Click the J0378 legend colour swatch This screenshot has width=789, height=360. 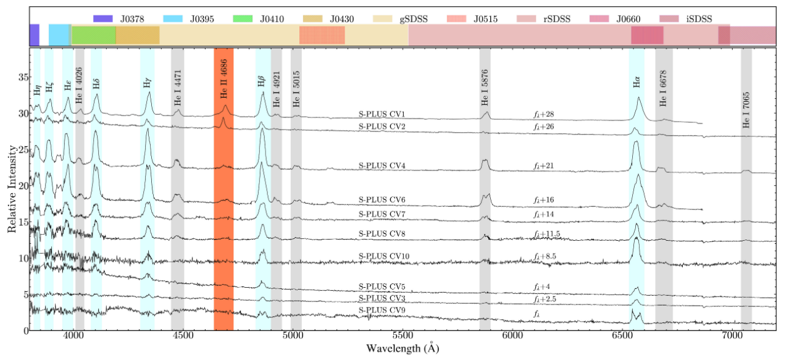[103, 19]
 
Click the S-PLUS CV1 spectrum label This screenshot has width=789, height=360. [382, 114]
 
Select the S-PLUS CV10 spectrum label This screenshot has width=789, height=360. [383, 256]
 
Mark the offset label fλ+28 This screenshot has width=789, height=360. [546, 115]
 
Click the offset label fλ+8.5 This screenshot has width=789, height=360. [546, 256]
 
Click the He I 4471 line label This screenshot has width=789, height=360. [177, 96]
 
